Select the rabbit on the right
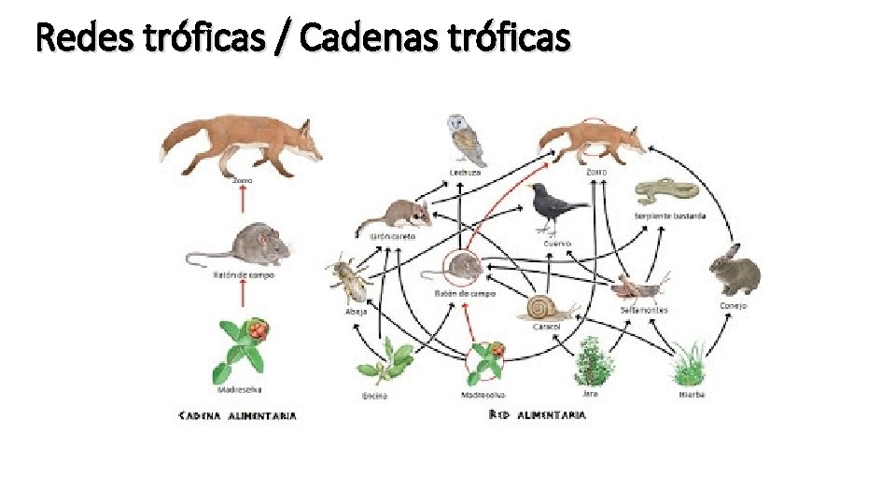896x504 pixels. (734, 271)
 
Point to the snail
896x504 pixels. (545, 308)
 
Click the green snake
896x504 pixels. (666, 192)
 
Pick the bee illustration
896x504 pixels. (348, 279)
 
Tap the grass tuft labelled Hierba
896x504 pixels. (689, 364)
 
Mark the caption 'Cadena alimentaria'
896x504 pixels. (237, 415)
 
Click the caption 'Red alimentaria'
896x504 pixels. (537, 413)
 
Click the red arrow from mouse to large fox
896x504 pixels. (243, 199)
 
